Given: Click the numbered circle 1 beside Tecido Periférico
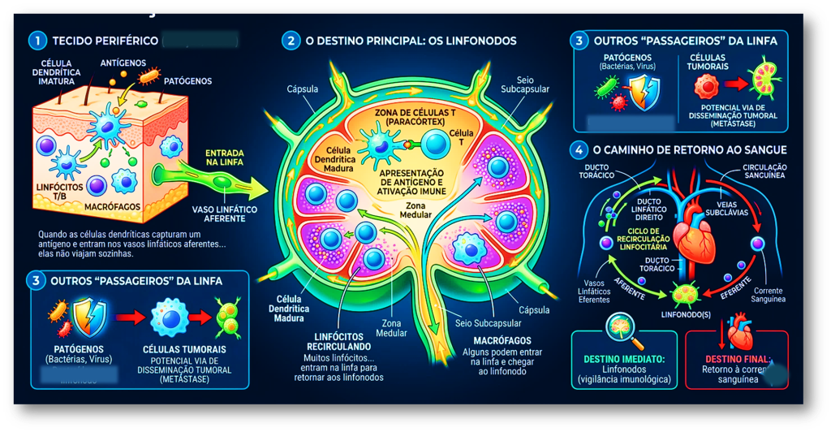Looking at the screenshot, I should tap(36, 39).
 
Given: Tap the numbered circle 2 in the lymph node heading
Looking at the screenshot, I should tap(290, 40).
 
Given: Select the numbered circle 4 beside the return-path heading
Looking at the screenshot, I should tap(578, 150).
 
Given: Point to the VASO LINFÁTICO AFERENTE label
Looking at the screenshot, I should tap(225, 214).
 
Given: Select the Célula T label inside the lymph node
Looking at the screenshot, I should tap(461, 138).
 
